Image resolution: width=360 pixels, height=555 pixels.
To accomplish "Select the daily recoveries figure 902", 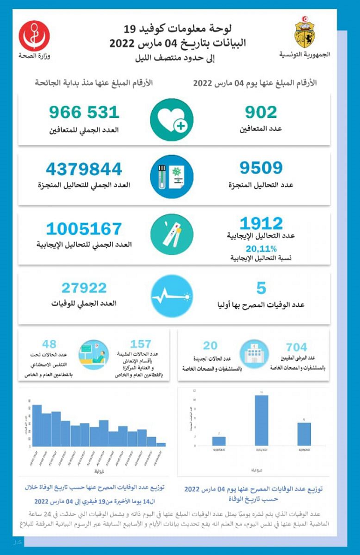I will click(261, 112).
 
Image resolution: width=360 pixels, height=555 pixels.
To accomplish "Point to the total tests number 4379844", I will click(85, 169).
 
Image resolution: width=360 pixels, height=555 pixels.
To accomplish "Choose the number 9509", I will click(261, 168).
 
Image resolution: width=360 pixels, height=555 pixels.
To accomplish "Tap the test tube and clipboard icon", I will click(172, 176).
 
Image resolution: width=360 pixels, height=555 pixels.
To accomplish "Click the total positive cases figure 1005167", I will click(83, 229).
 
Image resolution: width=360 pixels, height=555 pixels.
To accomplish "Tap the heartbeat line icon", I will click(172, 296).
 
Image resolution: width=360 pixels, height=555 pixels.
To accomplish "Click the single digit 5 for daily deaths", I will click(261, 288).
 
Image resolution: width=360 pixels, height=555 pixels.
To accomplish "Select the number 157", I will click(141, 344).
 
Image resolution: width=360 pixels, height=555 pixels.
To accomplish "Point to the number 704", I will click(296, 347).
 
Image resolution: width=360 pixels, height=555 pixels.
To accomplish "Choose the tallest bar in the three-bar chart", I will click(261, 419).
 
